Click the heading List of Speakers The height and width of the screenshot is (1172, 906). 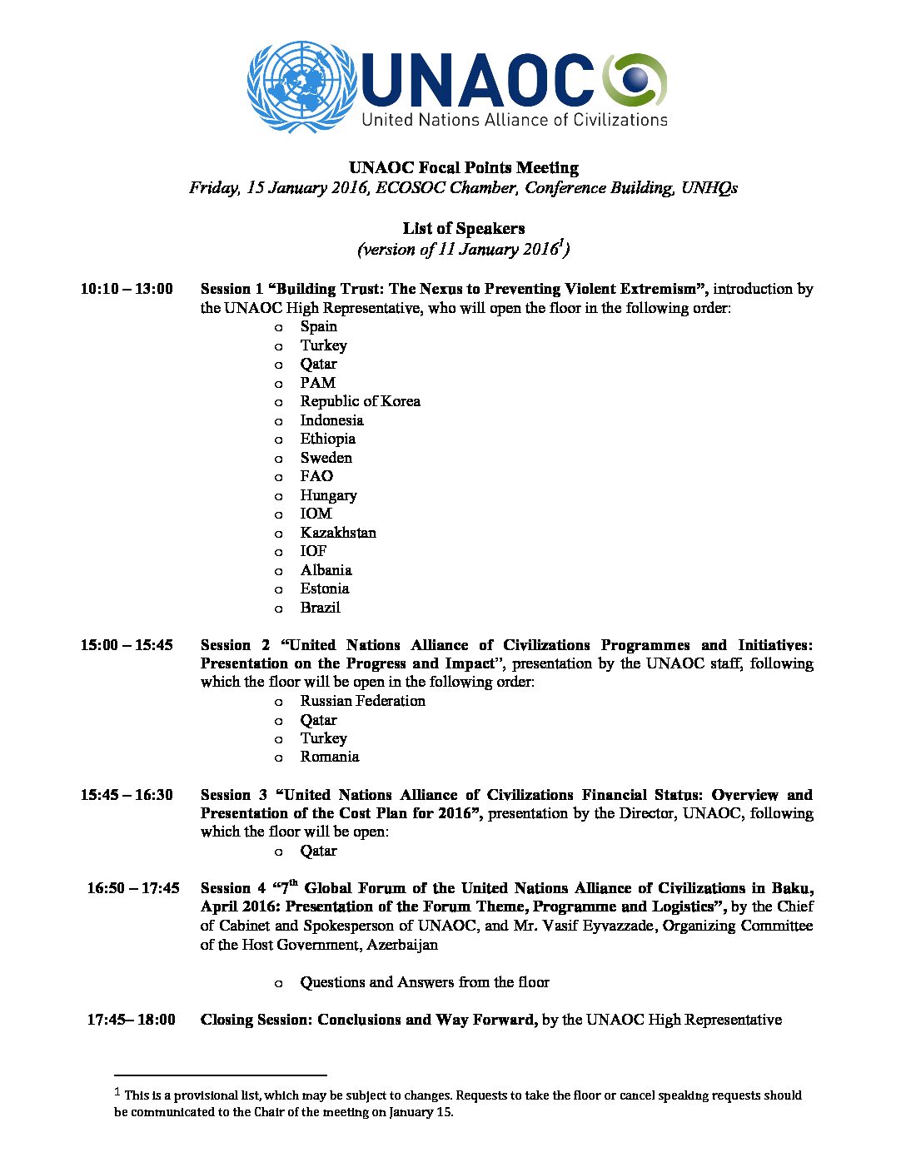pyautogui.click(x=464, y=229)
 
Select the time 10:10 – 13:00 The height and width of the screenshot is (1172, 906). pyautogui.click(x=127, y=289)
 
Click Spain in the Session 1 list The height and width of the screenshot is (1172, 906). pyautogui.click(x=319, y=326)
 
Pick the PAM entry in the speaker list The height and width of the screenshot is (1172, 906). pyautogui.click(x=318, y=383)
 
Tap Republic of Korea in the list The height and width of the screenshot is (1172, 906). pyautogui.click(x=360, y=401)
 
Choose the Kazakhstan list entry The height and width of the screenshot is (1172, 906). pyautogui.click(x=338, y=533)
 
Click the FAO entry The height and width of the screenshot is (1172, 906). pyautogui.click(x=316, y=476)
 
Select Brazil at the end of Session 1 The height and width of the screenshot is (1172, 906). pyautogui.click(x=321, y=608)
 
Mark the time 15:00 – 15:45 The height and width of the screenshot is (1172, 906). pyautogui.click(x=127, y=645)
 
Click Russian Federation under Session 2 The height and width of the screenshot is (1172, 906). pyautogui.click(x=362, y=701)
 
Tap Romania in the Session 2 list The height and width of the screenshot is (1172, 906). pyautogui.click(x=330, y=757)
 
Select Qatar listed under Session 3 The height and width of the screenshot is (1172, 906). pyautogui.click(x=319, y=851)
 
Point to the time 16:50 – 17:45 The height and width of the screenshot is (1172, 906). pyautogui.click(x=133, y=888)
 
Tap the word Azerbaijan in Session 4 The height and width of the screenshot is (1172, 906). pyautogui.click(x=402, y=945)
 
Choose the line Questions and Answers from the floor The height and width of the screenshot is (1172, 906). pyautogui.click(x=425, y=982)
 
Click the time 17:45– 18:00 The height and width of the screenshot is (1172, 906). pyautogui.click(x=132, y=1020)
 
